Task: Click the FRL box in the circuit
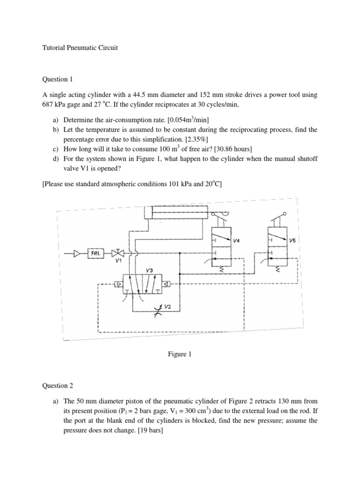point(96,254)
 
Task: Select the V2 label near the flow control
point(168,306)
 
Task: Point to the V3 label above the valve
point(150,270)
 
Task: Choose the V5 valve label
point(293,240)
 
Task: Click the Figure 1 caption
point(180,354)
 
